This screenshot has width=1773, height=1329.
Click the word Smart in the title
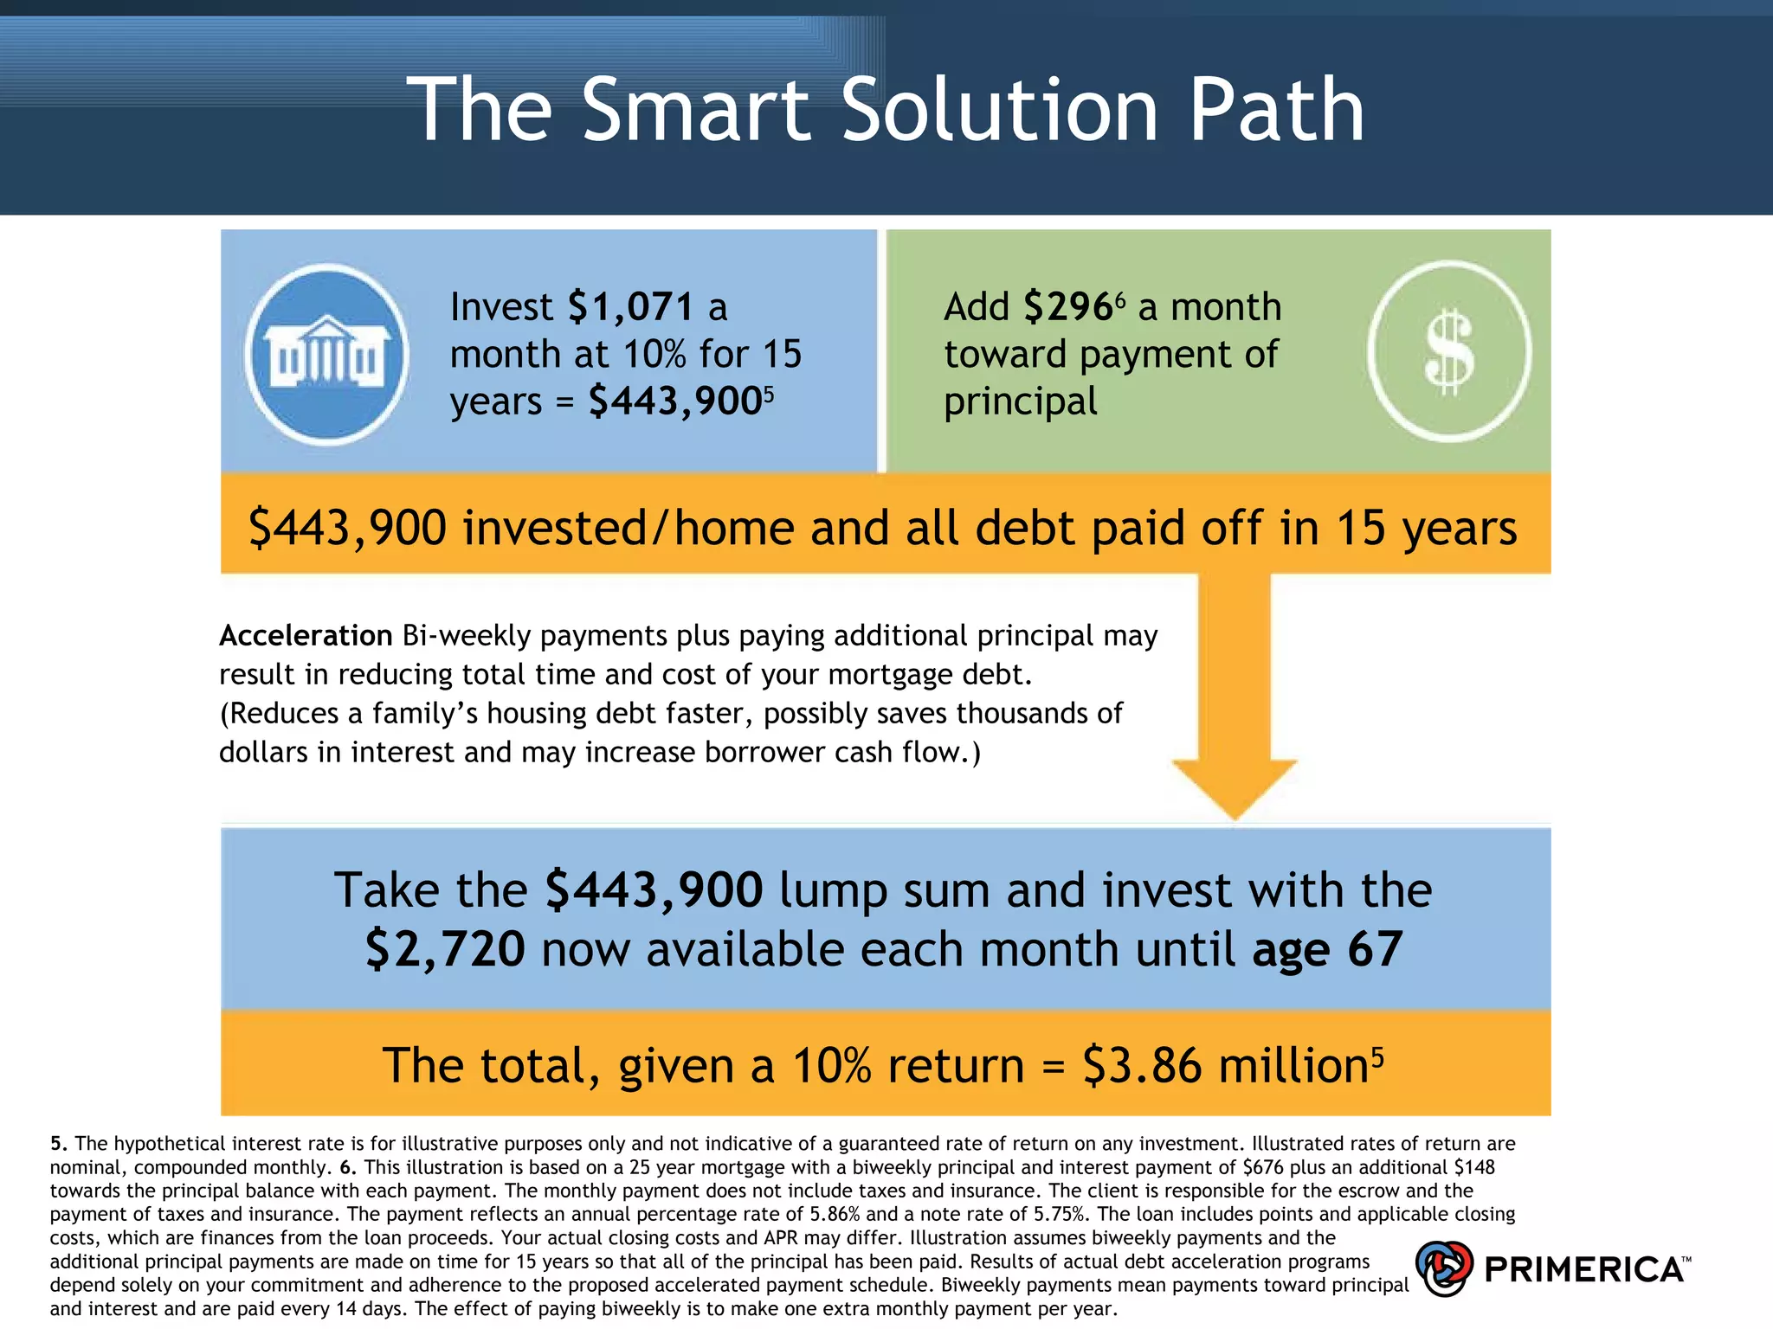[696, 110]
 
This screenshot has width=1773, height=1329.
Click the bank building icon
[326, 354]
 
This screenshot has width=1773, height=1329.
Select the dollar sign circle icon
[1448, 351]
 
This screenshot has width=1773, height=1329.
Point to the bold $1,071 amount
[631, 307]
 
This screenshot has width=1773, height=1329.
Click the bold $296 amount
[1067, 307]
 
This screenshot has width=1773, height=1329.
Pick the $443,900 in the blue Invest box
[674, 401]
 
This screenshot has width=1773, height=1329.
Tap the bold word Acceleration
[306, 636]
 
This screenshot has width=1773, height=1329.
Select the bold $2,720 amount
[445, 949]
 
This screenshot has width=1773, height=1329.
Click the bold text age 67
[1327, 949]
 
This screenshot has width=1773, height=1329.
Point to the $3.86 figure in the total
[1142, 1065]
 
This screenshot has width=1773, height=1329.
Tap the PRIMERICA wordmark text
[1583, 1269]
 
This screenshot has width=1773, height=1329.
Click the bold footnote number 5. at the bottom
[58, 1144]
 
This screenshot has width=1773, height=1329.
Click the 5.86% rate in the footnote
[834, 1214]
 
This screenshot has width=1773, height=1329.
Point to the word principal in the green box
[1020, 402]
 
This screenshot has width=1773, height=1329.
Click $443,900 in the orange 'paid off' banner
[347, 528]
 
